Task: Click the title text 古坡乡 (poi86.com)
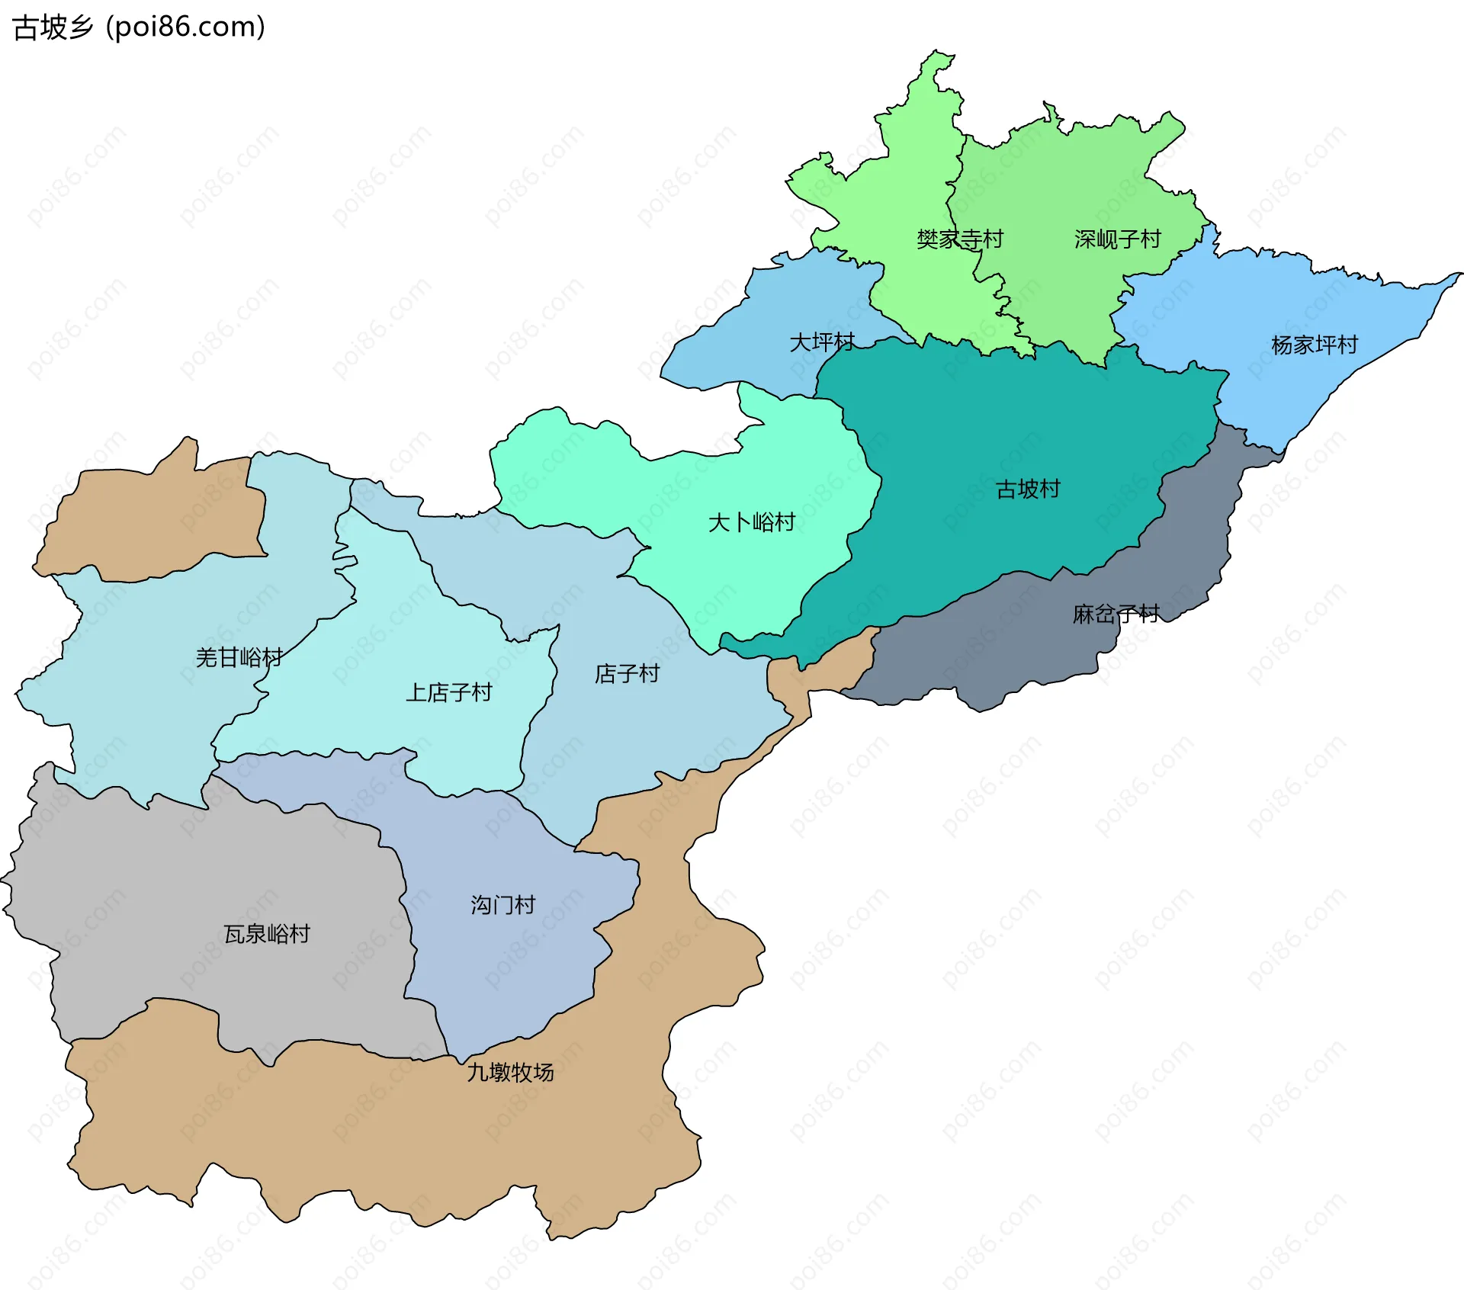coord(140,27)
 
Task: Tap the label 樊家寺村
coord(959,239)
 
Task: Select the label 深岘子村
coord(1117,239)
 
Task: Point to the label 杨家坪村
coord(1315,345)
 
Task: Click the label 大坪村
coord(822,342)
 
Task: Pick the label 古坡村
coord(1028,489)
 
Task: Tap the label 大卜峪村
coord(751,522)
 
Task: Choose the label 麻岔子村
coord(1116,614)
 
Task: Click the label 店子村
coord(627,673)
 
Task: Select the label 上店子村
coord(448,692)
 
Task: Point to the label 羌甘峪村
coord(239,657)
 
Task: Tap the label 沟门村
coord(502,905)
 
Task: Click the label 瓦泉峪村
coord(267,934)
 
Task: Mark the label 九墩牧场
coord(510,1073)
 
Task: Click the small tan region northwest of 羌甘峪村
coord(152,522)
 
